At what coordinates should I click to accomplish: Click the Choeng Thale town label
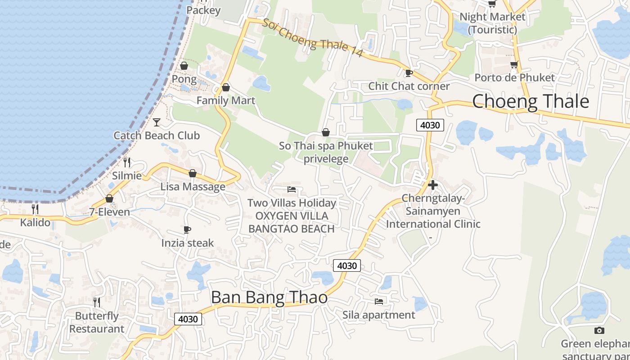(530, 101)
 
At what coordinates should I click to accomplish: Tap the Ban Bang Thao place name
(269, 297)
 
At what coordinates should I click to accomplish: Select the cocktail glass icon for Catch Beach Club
(157, 122)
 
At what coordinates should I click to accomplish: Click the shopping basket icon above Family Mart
(226, 87)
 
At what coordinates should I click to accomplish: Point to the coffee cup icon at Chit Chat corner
(409, 73)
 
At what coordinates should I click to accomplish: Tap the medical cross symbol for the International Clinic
(432, 185)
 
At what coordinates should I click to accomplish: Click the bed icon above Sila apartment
(379, 301)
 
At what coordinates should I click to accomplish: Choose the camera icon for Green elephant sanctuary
(599, 331)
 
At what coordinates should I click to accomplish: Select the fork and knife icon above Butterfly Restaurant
(97, 302)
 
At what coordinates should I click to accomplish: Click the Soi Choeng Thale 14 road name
(313, 38)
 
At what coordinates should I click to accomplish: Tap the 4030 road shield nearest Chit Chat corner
(430, 125)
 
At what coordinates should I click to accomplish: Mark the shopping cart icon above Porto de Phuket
(514, 65)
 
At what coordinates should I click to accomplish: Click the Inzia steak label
(188, 243)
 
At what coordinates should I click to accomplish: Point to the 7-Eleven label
(109, 212)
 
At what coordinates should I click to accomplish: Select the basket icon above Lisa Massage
(193, 173)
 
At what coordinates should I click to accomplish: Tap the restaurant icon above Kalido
(35, 209)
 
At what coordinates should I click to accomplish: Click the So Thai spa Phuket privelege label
(326, 152)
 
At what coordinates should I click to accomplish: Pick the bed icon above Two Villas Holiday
(292, 189)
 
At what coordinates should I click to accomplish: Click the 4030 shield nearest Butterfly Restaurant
(188, 319)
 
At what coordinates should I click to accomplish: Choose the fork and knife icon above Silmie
(127, 162)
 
